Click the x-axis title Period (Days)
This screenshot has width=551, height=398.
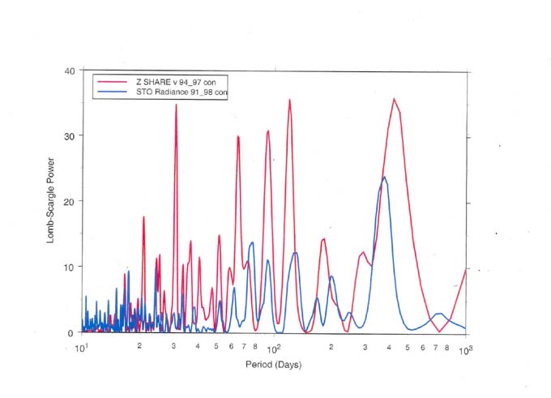pos(273,365)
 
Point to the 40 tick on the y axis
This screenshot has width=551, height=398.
pos(70,71)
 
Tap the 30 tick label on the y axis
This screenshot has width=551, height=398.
pos(70,135)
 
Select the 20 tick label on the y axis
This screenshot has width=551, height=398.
pos(70,201)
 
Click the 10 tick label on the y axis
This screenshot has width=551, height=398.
pos(70,267)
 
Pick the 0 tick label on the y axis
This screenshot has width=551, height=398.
pos(73,332)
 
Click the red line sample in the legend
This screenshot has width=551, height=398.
pos(111,82)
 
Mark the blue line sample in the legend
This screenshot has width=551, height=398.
pos(111,92)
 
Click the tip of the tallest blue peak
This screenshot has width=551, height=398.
pos(384,177)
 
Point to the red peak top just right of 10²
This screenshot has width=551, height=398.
pos(289,100)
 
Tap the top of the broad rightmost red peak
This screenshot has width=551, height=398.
pos(394,99)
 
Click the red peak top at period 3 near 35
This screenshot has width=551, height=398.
pos(176,105)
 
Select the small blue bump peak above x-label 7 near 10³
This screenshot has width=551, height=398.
pos(439,313)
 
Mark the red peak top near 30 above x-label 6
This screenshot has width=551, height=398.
pos(237,136)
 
